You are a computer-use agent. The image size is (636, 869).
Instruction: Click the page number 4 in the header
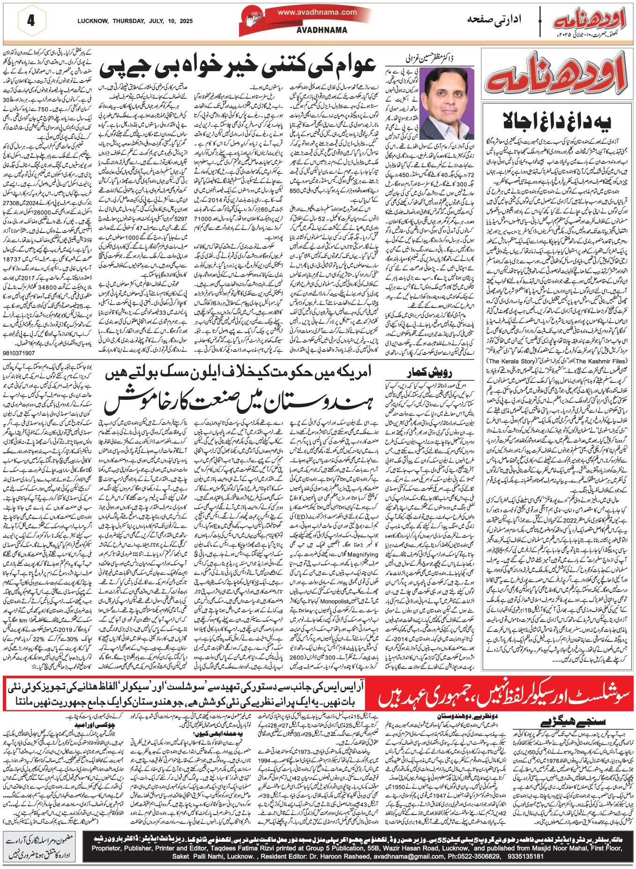tap(31, 21)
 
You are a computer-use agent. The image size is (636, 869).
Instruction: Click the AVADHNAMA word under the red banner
tap(315, 30)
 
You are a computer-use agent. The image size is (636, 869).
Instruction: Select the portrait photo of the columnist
tap(448, 103)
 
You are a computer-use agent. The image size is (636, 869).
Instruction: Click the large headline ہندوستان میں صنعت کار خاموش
tap(239, 402)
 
